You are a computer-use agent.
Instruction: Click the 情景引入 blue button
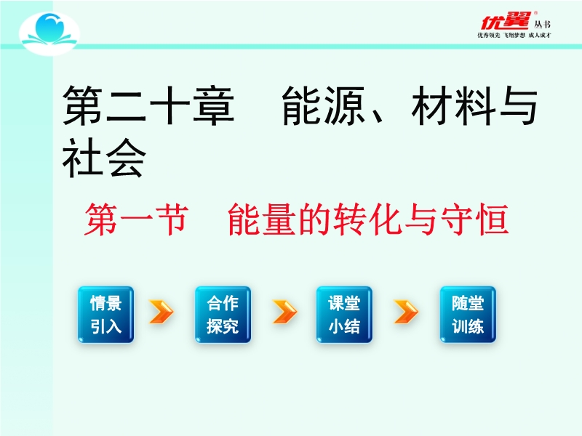[x=105, y=315]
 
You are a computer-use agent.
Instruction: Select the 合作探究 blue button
[x=223, y=315]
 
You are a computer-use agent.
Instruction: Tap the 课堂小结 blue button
[x=344, y=315]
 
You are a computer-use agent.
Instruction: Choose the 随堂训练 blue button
[x=468, y=315]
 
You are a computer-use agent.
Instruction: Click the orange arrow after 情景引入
[x=161, y=312]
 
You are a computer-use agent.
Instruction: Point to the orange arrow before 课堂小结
[x=284, y=312]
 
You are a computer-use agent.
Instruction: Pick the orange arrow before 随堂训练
[x=406, y=312]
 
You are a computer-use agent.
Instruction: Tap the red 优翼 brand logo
[x=505, y=21]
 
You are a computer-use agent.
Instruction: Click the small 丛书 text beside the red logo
[x=542, y=25]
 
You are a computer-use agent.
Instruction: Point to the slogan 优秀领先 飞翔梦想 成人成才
[x=514, y=35]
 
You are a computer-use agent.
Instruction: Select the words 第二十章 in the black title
[x=148, y=105]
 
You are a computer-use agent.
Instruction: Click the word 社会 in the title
[x=104, y=158]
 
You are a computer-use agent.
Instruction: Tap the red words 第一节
[x=136, y=219]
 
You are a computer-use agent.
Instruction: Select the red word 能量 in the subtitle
[x=262, y=219]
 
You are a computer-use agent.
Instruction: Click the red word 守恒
[x=474, y=219]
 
